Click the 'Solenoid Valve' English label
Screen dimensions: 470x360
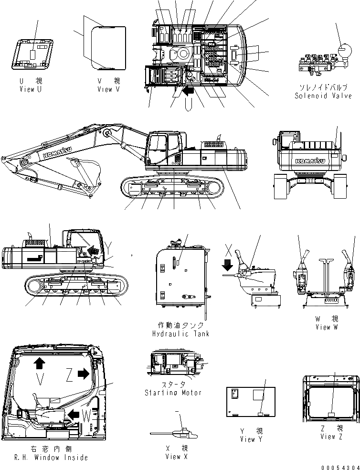pos(323,96)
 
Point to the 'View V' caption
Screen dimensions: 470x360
pos(111,89)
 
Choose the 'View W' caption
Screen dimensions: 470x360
pos(327,327)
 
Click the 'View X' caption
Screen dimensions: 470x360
pos(176,457)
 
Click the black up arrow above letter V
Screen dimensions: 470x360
pos(39,364)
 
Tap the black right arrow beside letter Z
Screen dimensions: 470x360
pos(84,374)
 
